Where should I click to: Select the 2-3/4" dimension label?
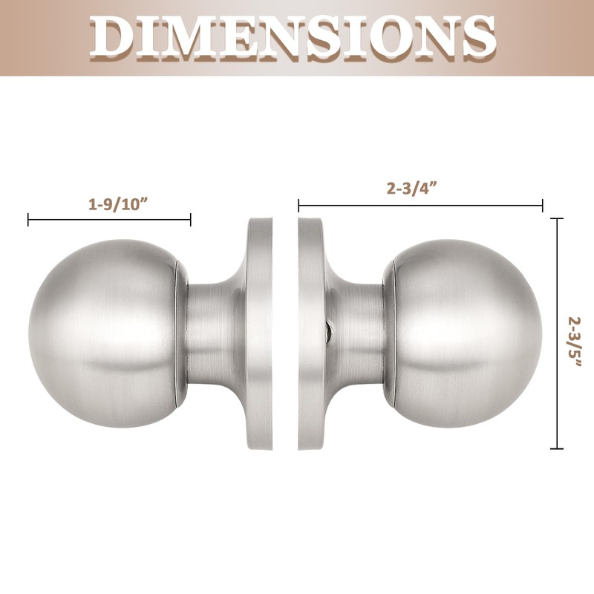pyautogui.click(x=411, y=188)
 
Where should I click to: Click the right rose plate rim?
pyautogui.click(x=308, y=334)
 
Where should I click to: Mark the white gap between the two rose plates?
pyautogui.click(x=284, y=334)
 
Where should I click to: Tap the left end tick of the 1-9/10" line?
pyautogui.click(x=28, y=219)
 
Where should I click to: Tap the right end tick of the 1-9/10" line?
pyautogui.click(x=191, y=219)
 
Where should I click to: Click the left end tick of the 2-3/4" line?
pyautogui.click(x=298, y=205)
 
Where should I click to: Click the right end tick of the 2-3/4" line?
pyautogui.click(x=543, y=205)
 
